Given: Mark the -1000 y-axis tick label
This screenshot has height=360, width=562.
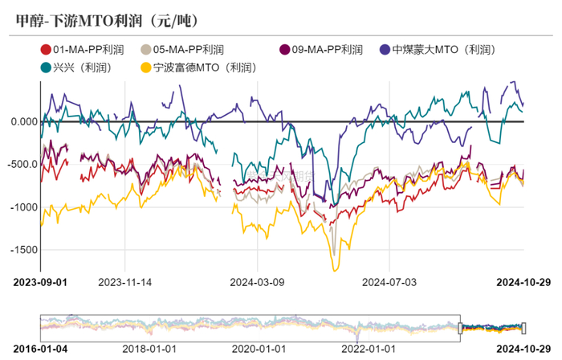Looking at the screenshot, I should point(26,207).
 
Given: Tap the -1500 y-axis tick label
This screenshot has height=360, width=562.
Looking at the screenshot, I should point(26,249).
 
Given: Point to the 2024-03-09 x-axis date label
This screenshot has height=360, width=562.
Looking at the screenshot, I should point(257,282).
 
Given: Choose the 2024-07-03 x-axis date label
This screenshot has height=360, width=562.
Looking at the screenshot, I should point(389,282).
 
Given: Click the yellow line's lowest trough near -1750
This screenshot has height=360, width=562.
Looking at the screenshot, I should point(335,270).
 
